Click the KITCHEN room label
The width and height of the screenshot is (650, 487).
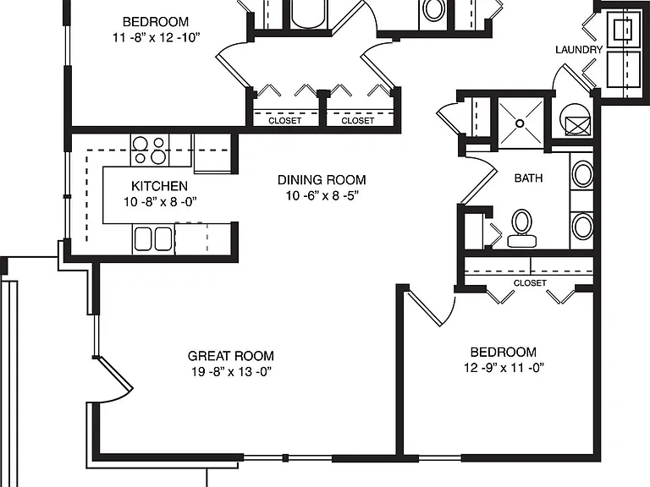point(160,186)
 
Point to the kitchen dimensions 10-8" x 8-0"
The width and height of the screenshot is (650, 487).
point(160,202)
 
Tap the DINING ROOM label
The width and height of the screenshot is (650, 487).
point(322,180)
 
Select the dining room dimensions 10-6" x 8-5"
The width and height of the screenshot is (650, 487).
point(322,195)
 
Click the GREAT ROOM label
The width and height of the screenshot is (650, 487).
point(231,356)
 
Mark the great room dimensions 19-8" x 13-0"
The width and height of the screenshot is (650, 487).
point(231,371)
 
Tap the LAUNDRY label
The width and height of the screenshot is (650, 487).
point(579,50)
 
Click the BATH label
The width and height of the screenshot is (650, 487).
point(528,178)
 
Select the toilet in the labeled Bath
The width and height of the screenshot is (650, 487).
point(522,228)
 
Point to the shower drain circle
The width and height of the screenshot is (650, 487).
point(520,123)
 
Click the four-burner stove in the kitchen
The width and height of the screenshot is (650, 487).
point(150,150)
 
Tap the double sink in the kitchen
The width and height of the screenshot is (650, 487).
point(153,239)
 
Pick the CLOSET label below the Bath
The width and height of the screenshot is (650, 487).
point(530,283)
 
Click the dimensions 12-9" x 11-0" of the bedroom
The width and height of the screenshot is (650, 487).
point(504,368)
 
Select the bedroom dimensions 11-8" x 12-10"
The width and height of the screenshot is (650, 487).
point(156,38)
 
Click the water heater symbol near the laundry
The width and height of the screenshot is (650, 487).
point(575,119)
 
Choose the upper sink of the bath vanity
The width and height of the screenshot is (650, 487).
point(582,174)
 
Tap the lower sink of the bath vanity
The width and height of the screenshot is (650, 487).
point(582,226)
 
